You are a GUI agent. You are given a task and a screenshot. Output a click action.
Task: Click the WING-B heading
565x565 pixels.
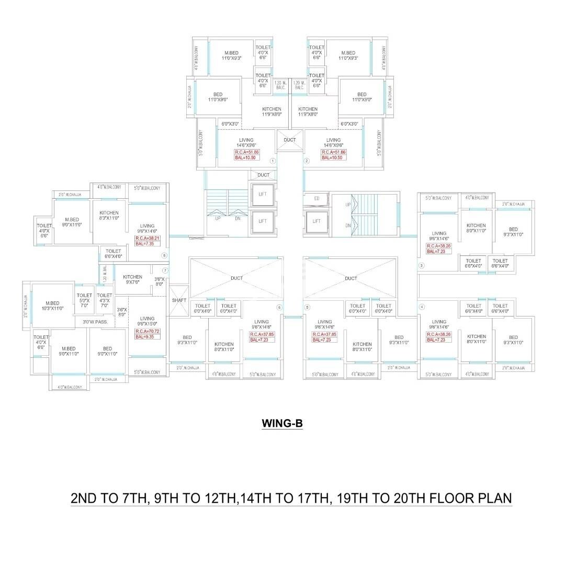point(282,423)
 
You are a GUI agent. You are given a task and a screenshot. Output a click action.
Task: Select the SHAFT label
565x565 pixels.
point(179,300)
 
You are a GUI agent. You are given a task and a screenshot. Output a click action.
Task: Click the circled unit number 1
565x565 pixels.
point(273,161)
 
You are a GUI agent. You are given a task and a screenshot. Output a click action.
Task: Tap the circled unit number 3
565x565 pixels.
point(421,266)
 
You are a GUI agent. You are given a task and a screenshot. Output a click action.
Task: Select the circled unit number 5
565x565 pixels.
point(307,307)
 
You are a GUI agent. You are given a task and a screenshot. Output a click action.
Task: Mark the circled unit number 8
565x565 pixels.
point(164,255)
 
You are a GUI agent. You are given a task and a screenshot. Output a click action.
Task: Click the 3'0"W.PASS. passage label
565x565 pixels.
point(95,322)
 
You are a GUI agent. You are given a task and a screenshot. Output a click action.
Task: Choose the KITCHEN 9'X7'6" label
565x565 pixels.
point(132,280)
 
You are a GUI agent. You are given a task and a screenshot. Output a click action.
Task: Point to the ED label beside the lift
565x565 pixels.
point(317,198)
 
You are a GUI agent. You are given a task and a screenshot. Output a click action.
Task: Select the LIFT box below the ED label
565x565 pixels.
point(317,221)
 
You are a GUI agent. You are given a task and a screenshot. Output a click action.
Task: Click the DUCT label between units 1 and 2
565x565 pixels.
point(289,140)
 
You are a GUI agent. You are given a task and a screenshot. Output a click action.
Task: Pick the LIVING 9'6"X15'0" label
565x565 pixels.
point(147,321)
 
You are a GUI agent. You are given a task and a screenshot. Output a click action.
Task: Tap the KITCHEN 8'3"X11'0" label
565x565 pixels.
point(109,215)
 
